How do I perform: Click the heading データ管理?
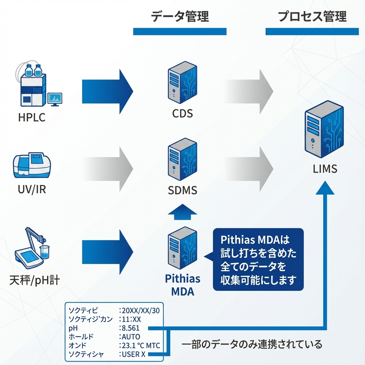click(x=180, y=17)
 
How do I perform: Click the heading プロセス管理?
click(x=312, y=17)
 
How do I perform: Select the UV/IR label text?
click(x=32, y=189)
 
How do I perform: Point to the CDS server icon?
click(x=182, y=82)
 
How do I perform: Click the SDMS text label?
click(x=182, y=190)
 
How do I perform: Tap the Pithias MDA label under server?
click(x=182, y=285)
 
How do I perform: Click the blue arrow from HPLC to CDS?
click(x=107, y=92)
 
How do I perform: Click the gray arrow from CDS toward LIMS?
click(x=250, y=92)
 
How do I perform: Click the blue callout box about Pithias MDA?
click(x=258, y=259)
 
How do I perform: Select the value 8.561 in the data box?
click(x=130, y=328)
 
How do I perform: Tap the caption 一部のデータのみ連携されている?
click(x=252, y=344)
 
